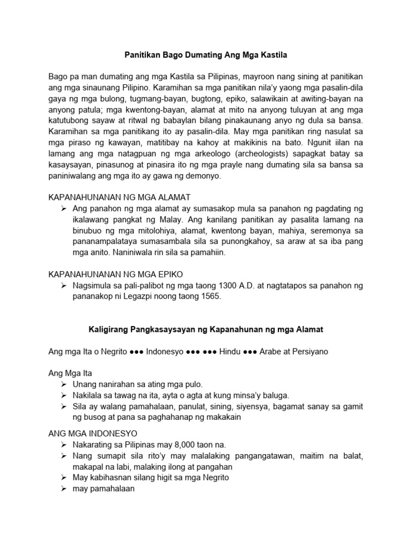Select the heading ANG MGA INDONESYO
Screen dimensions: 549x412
pos(93,434)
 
